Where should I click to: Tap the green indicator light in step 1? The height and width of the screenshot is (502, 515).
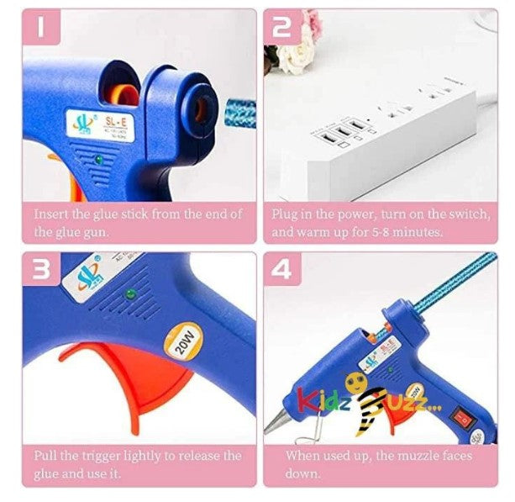point(98,157)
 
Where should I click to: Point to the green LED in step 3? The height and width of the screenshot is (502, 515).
point(129,294)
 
